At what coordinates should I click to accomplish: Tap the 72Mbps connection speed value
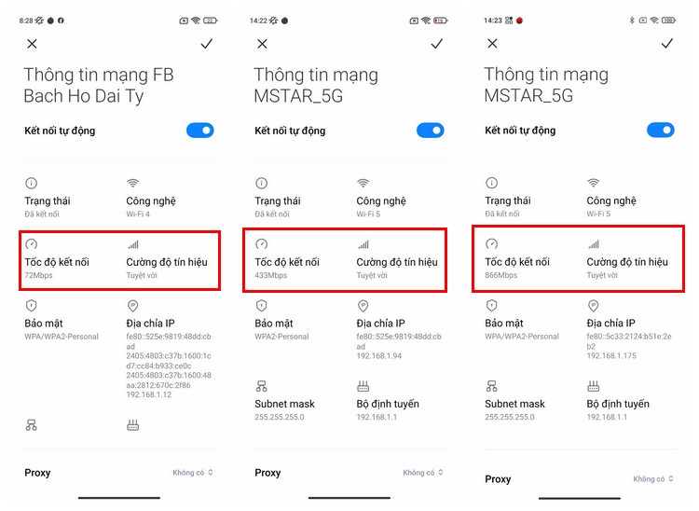coord(37,276)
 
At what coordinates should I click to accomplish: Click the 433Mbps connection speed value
coord(269,276)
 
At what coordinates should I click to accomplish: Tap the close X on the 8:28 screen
coord(33,44)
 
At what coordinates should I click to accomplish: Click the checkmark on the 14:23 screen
coord(666,44)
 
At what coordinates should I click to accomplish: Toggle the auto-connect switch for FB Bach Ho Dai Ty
coord(200,131)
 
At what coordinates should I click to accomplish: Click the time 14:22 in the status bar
coord(259,20)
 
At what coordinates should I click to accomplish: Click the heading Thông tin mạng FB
coord(99,75)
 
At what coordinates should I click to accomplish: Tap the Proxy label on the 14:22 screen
coord(267,473)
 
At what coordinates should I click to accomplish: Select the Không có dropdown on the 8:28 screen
coord(193,473)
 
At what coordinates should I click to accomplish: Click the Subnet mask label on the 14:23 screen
coord(514,404)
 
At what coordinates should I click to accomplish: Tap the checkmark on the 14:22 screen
coord(436,44)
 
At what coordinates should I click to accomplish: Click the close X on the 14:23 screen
coord(492,44)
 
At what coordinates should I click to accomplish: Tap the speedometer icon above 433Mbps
coord(261,244)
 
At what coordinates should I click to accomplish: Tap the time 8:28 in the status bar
coord(26,20)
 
